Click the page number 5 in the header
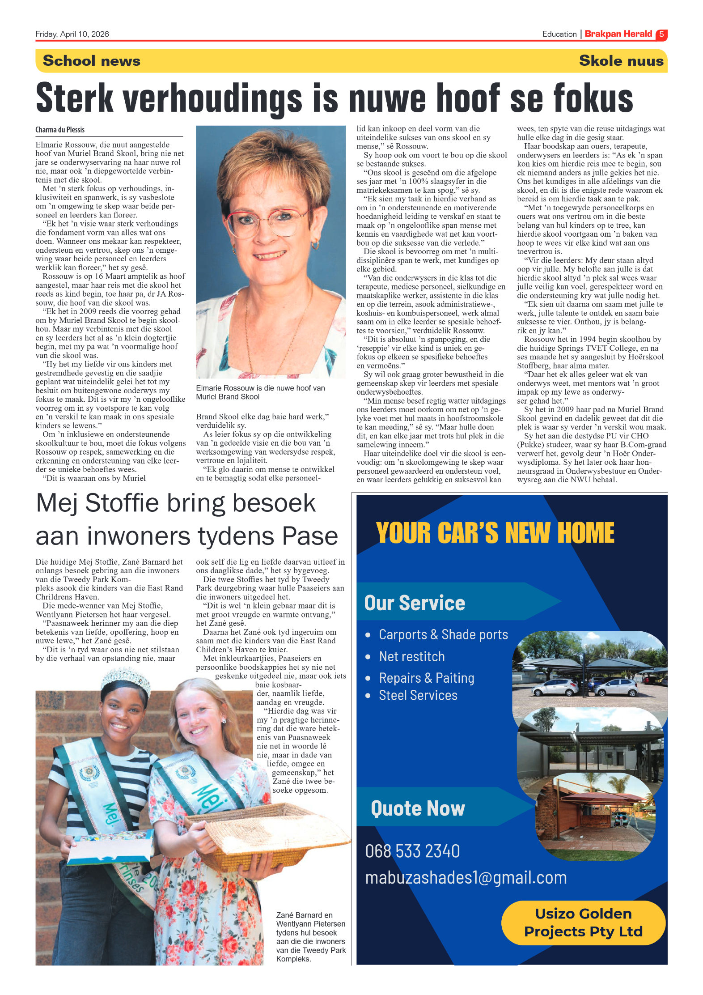(x=661, y=34)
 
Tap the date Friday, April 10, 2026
(x=72, y=34)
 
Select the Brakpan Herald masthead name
(x=618, y=34)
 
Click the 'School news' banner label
(x=92, y=61)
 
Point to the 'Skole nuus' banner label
(x=621, y=61)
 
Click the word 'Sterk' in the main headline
(x=75, y=98)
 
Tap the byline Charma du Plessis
(x=60, y=130)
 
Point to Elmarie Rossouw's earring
(x=315, y=245)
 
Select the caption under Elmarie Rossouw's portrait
(x=260, y=392)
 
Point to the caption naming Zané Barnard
(x=310, y=937)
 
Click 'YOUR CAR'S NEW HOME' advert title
(x=495, y=533)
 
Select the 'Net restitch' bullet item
(x=411, y=656)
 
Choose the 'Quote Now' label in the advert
(x=418, y=809)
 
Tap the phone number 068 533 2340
(x=412, y=851)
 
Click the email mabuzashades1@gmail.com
(x=466, y=878)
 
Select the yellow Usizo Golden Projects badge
(x=583, y=923)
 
